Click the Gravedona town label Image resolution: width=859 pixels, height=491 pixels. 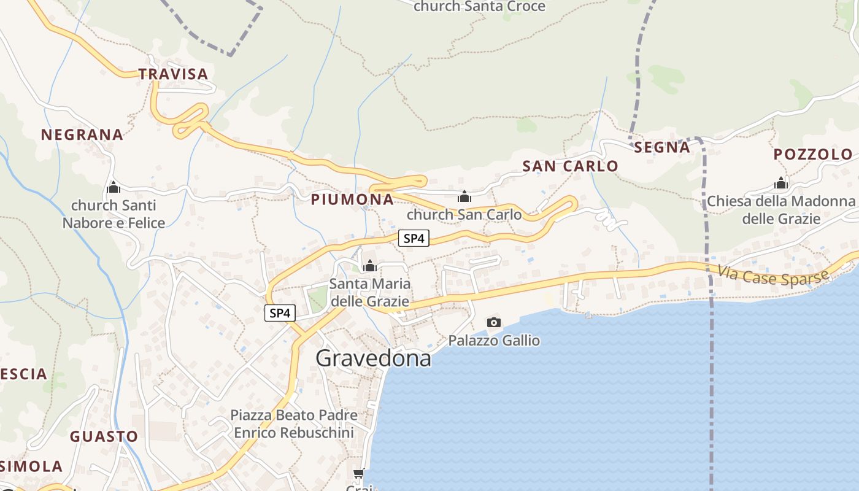374,358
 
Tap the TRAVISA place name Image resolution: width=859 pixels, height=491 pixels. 173,74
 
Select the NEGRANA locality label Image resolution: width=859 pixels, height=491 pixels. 82,134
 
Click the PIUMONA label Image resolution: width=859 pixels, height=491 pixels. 352,199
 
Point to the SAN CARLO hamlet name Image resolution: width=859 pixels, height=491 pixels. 570,166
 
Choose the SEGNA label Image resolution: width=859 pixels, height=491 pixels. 662,147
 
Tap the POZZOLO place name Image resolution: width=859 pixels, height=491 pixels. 813,154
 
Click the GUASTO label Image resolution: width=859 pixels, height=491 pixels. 104,436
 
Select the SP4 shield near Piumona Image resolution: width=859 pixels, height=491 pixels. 414,239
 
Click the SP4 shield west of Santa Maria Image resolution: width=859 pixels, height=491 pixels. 280,313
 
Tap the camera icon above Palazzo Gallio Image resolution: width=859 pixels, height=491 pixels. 493,322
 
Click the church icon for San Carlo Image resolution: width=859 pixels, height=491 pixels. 464,196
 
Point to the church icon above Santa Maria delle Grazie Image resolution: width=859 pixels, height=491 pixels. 369,266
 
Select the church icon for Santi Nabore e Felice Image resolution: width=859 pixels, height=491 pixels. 113,187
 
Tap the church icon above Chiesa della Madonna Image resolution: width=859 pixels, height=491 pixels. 780,183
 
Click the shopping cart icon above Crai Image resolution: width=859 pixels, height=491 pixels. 358,473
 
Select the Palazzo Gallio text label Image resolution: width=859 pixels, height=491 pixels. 494,340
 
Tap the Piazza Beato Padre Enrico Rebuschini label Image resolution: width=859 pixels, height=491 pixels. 294,424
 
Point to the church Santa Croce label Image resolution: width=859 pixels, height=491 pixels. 479,7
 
